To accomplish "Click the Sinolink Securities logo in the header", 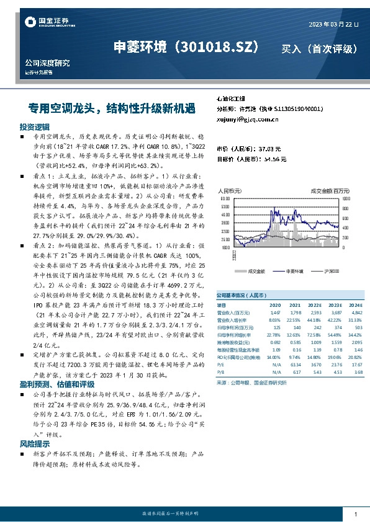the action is click(x=42, y=23).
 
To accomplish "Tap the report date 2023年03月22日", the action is click(x=333, y=25).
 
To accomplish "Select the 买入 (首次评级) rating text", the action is click(x=319, y=48).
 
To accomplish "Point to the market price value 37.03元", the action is click(x=269, y=149).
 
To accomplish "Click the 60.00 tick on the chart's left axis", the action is click(x=225, y=198).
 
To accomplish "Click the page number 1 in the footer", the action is click(x=355, y=515).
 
